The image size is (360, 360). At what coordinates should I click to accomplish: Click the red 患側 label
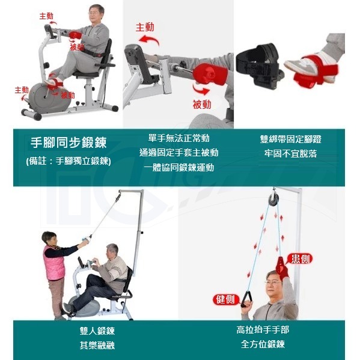coord(300,259)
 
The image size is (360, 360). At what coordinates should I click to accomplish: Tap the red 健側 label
coord(225,299)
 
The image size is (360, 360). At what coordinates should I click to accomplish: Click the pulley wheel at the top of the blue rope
coord(273,199)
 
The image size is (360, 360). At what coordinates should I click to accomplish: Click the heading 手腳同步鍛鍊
coord(69,142)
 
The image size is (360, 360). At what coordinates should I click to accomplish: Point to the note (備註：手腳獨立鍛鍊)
coord(69,161)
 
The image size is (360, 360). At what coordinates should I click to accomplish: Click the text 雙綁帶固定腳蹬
coord(291,139)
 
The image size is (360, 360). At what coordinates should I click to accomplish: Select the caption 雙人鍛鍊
coord(97,331)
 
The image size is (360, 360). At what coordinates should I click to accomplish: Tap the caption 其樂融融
coord(97,345)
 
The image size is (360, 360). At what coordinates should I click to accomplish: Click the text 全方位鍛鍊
coord(263,344)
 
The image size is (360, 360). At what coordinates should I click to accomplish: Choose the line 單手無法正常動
coord(179,138)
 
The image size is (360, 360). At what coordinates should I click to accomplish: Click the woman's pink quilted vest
coord(53,263)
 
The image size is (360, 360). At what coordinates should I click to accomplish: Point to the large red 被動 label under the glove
coord(202,105)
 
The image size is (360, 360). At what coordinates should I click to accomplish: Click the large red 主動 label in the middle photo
coord(145,27)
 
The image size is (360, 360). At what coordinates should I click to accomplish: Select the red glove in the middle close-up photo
coord(209,75)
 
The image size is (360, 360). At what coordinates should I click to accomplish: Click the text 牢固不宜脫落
coord(291,154)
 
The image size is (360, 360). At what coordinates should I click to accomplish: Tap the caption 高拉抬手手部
coord(263,330)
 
